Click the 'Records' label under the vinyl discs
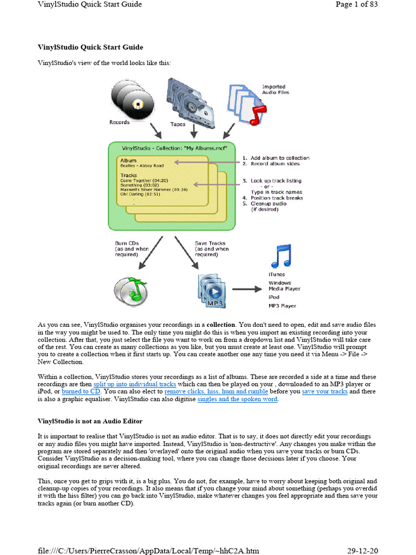[x=119, y=122]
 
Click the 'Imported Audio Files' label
[x=275, y=89]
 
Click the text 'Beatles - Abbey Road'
[x=142, y=166]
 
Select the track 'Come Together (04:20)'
[x=144, y=180]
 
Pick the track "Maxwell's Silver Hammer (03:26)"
[x=154, y=189]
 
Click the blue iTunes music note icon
[x=281, y=256]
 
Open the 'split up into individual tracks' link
[x=131, y=383]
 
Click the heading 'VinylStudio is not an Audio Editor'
[x=90, y=421]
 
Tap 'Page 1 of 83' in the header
[x=356, y=4]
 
